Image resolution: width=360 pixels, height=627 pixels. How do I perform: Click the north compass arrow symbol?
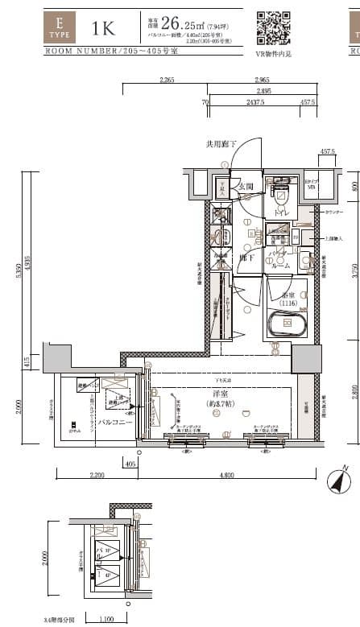pos(339,481)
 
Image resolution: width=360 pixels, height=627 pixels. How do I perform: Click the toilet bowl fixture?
pos(279,196)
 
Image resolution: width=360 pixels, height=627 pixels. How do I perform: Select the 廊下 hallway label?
pos(247,258)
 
